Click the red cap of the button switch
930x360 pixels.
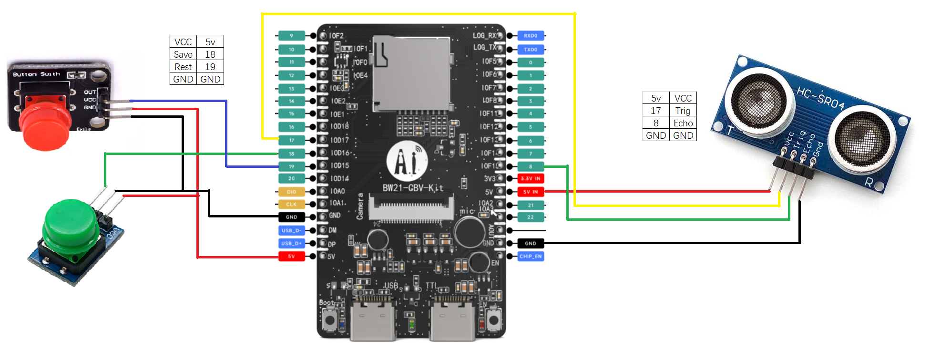click(x=45, y=126)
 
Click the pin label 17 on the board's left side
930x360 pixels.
click(x=291, y=140)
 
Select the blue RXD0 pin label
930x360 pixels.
click(x=531, y=36)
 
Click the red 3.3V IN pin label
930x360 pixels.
click(x=531, y=178)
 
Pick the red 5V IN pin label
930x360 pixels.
click(x=531, y=192)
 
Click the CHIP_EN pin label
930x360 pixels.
click(x=531, y=257)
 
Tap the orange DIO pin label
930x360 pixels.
click(x=291, y=192)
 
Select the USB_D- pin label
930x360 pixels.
click(x=291, y=230)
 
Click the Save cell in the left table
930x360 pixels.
click(x=183, y=54)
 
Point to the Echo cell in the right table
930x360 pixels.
click(x=683, y=123)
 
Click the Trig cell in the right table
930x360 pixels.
click(x=683, y=111)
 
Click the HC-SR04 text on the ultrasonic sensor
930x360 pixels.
click(x=820, y=98)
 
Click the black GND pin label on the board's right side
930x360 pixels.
click(x=531, y=243)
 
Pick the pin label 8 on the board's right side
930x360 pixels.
click(x=531, y=166)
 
